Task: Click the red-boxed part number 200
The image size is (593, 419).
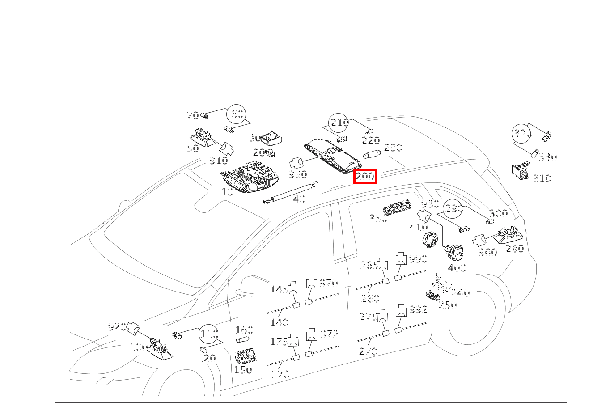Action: coord(365,176)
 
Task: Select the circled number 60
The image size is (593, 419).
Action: coord(237,114)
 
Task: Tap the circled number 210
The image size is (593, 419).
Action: coord(339,123)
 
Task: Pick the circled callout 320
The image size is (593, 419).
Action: coord(522,133)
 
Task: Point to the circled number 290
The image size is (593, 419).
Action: coord(453,209)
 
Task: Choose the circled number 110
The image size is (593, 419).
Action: coord(208,334)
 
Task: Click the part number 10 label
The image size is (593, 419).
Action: coord(227,192)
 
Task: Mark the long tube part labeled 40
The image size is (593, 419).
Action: coord(291,193)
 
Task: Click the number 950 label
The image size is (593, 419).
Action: coord(298,174)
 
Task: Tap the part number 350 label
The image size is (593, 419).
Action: coord(378,218)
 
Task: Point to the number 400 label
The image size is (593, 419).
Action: coord(457,268)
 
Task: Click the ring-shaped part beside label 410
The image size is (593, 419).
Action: coord(430,239)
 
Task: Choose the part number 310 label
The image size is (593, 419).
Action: coord(542,178)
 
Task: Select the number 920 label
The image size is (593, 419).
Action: coord(117,327)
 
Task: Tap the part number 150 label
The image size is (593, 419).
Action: coord(243,370)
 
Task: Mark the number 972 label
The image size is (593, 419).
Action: coord(329,334)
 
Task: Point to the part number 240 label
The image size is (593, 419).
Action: coord(460,293)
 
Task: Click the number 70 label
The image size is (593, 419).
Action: coord(193,115)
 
